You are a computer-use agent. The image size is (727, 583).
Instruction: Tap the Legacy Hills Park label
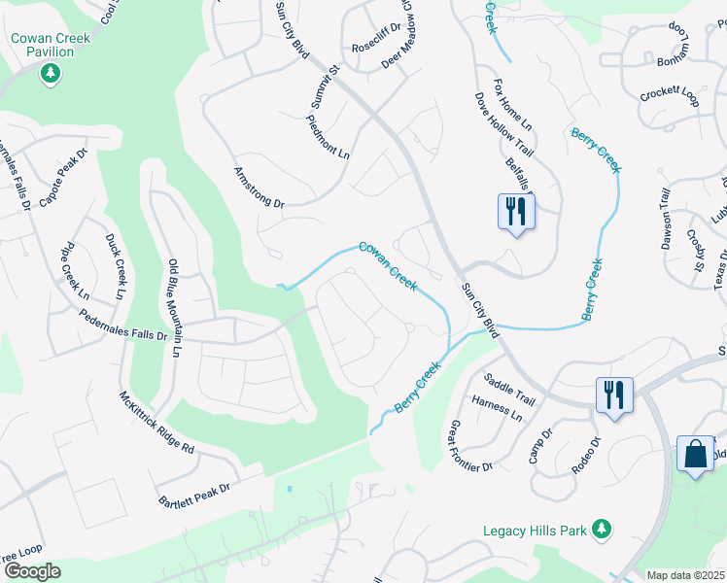(536, 531)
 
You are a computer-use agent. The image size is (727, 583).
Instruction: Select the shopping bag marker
(695, 454)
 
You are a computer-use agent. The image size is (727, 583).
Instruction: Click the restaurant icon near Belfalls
(515, 211)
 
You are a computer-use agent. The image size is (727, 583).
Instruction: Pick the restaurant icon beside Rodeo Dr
(614, 394)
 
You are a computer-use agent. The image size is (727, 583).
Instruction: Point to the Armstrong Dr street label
(259, 189)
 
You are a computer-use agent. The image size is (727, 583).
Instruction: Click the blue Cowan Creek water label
(388, 266)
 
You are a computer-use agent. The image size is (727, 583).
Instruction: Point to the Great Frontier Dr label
(469, 447)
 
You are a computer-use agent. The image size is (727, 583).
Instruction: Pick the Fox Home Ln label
(512, 105)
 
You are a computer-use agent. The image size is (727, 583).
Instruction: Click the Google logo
(31, 571)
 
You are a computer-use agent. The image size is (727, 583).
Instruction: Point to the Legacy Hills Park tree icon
(603, 529)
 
